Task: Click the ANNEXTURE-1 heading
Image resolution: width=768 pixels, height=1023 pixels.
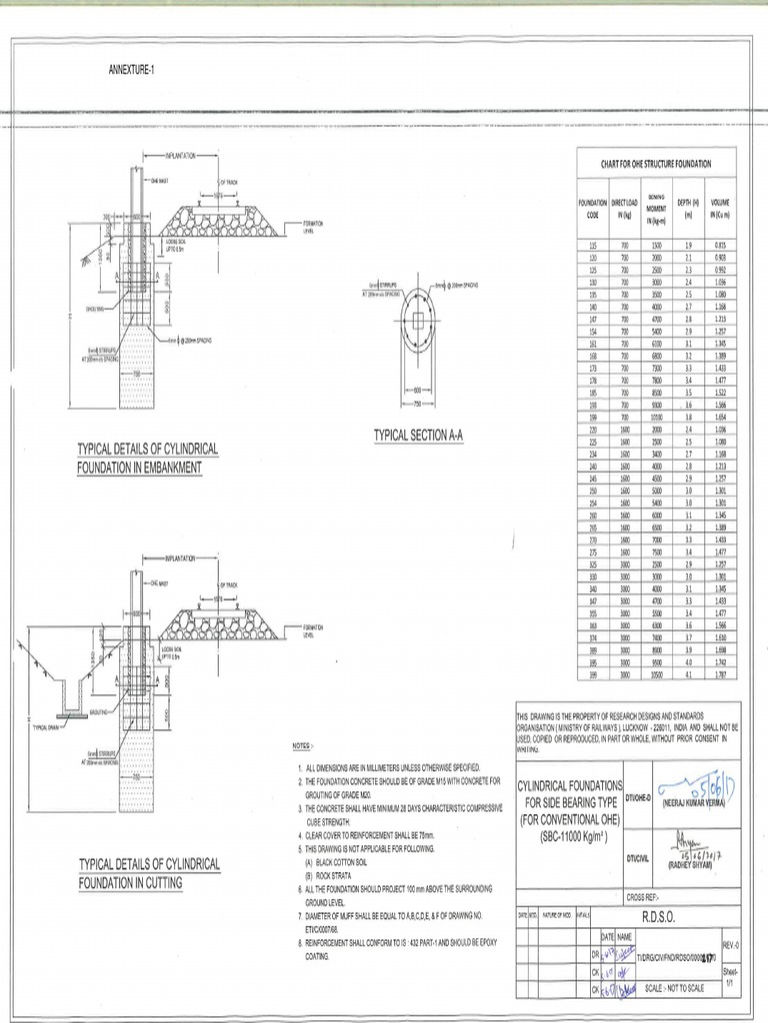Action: click(x=131, y=69)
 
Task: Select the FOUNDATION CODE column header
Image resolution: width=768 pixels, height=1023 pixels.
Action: click(x=593, y=209)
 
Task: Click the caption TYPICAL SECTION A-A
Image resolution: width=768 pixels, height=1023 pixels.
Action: click(x=419, y=436)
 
